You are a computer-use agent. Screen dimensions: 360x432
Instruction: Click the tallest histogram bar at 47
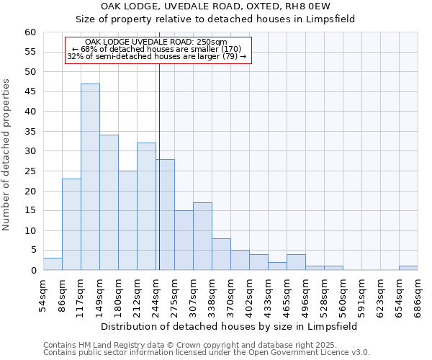coord(90,177)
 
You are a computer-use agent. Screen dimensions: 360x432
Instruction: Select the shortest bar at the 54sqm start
coord(53,264)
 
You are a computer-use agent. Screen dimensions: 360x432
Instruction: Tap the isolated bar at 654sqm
coord(408,268)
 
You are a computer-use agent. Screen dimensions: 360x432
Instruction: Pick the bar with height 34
coord(109,202)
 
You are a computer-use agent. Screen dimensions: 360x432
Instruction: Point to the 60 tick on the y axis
coord(30,32)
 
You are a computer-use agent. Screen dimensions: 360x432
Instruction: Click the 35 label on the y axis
coord(30,131)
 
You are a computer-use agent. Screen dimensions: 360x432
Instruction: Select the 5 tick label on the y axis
coord(32,251)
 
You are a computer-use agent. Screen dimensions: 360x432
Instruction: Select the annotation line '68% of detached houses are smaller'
coord(156,49)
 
